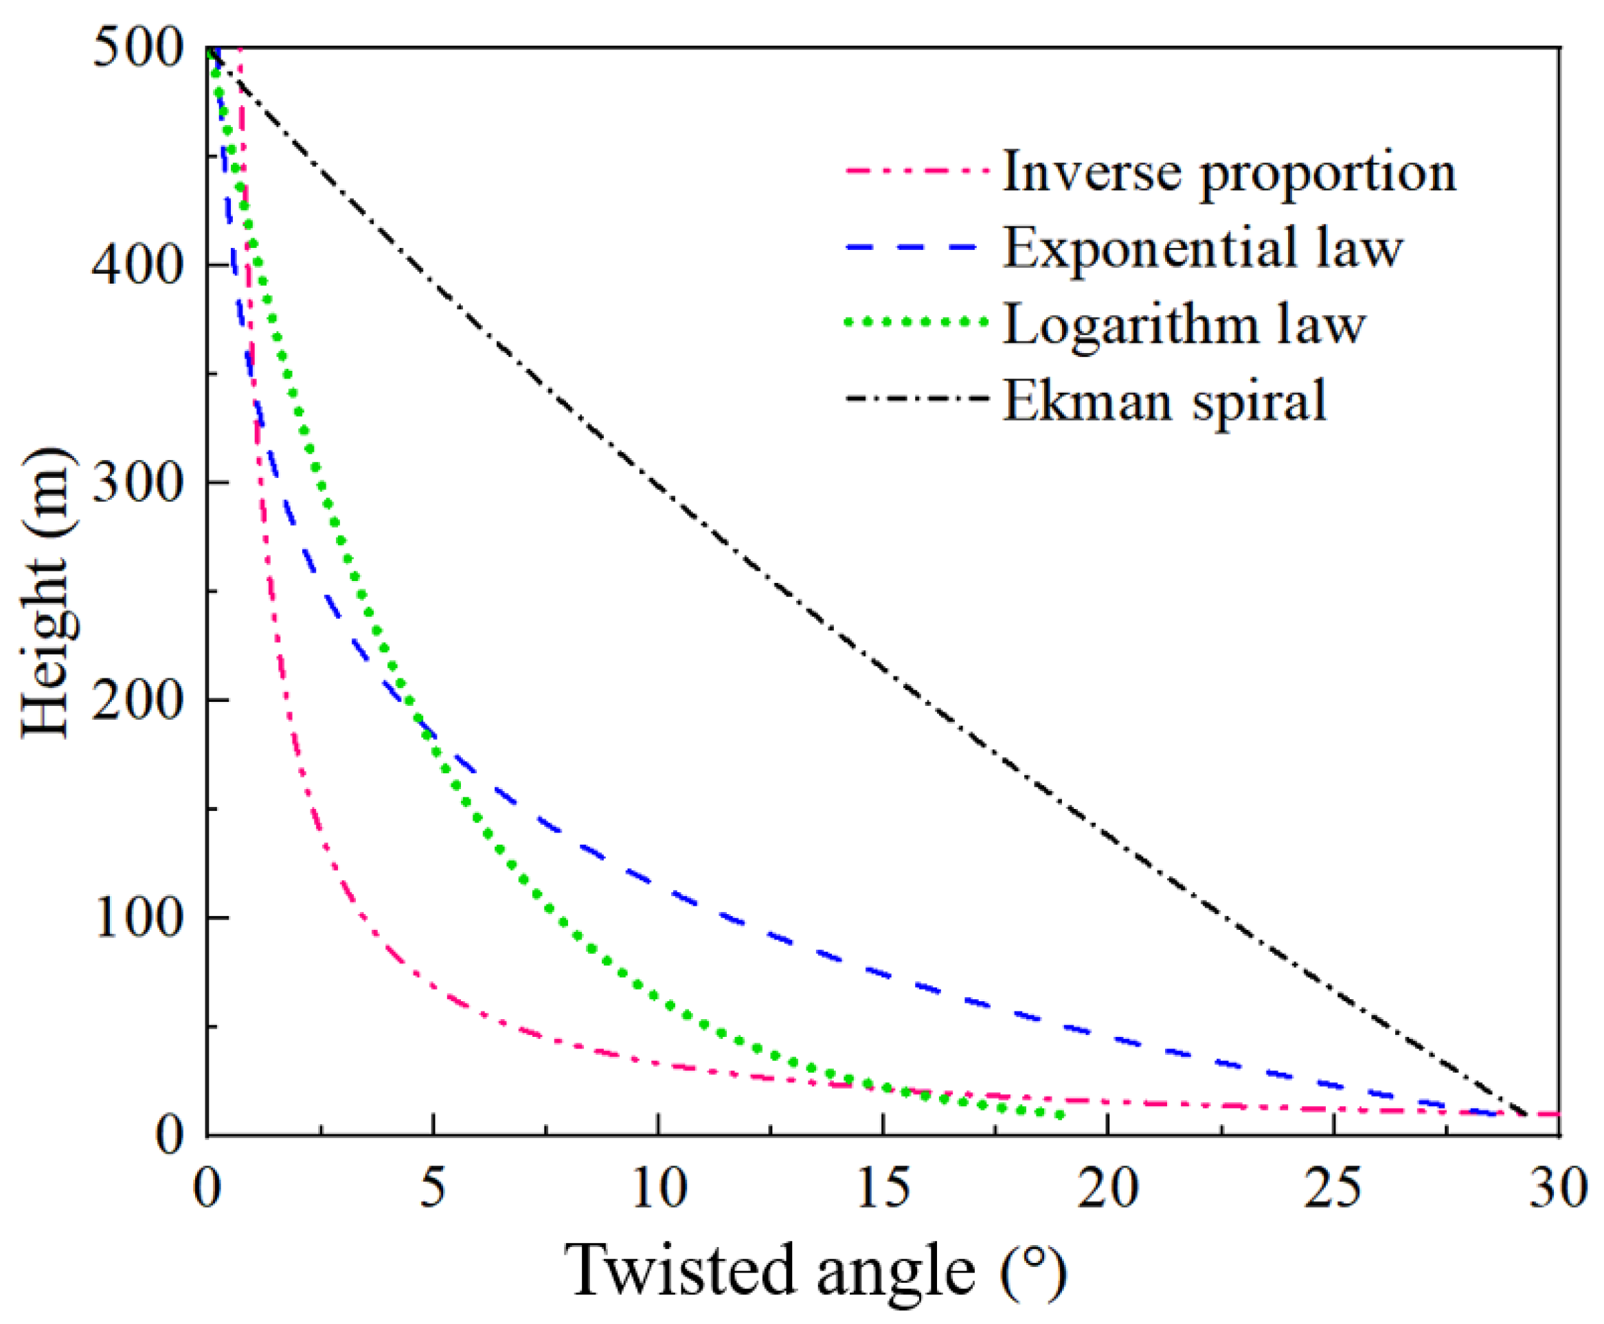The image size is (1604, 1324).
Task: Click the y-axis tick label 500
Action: [137, 49]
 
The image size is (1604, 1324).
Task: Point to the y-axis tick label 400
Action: [137, 266]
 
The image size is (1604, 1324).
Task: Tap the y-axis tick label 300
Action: [137, 483]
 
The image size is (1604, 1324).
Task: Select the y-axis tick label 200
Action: [137, 700]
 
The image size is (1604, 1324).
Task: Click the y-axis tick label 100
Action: [137, 917]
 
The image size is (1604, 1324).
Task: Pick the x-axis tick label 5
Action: [433, 1187]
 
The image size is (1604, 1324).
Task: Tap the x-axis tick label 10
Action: [659, 1187]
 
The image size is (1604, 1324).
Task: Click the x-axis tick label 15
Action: [883, 1187]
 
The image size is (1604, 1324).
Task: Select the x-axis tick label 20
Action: [1107, 1187]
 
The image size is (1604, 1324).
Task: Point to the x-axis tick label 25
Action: [1333, 1187]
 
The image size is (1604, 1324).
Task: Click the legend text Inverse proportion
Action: [1229, 174]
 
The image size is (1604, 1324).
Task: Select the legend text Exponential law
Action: [1202, 248]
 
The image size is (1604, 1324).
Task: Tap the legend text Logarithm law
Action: [1183, 326]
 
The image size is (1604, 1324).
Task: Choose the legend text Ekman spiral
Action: [1164, 400]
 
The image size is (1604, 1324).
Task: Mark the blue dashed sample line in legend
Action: [912, 247]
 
